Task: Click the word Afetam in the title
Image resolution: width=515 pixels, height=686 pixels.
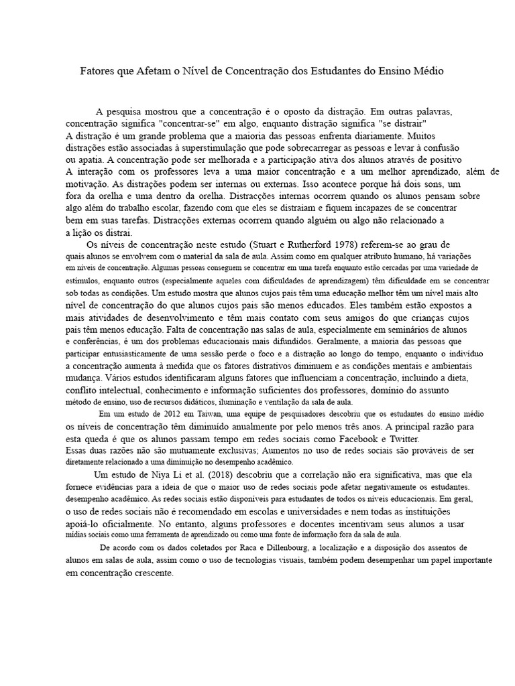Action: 156,70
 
